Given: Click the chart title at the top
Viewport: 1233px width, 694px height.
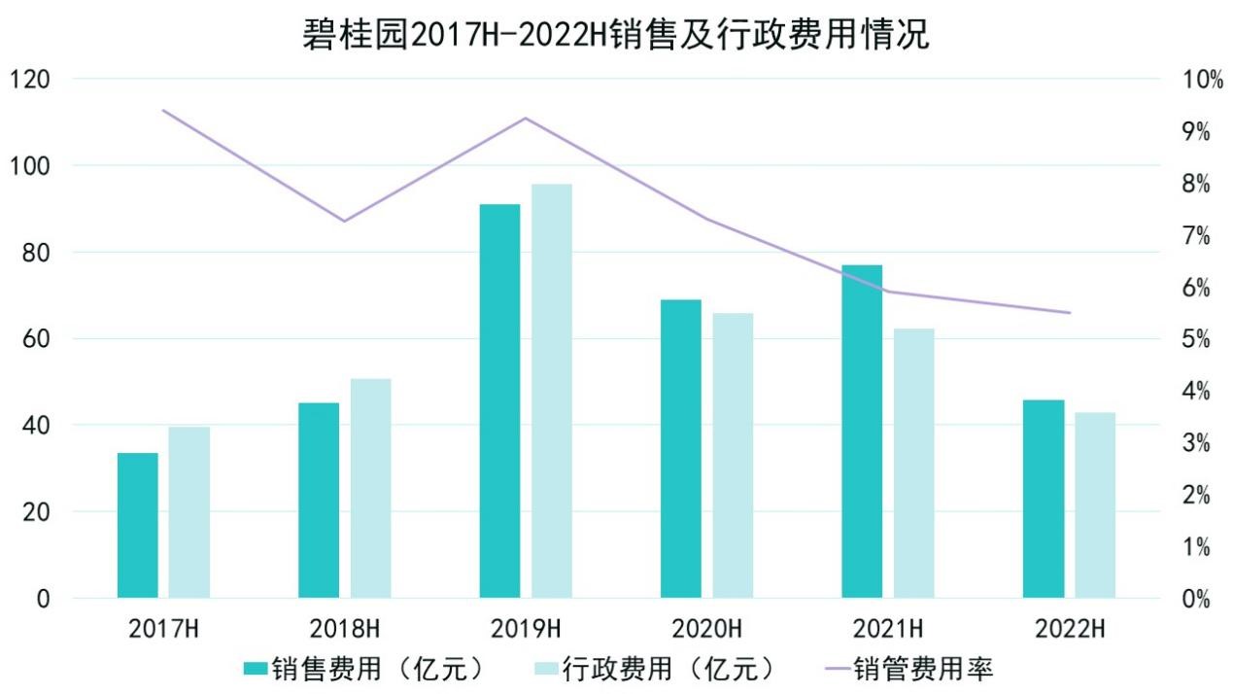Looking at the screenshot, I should pos(616,35).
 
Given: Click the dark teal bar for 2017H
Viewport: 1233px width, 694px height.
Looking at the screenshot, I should pos(138,525).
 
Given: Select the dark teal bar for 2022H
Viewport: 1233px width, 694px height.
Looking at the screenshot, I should pos(1044,499).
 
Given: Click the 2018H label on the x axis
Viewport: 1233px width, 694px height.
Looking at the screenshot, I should pos(345,628).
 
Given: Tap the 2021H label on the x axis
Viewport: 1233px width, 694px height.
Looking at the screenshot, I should pos(888,628).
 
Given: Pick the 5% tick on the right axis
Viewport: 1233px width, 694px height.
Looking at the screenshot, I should pos(1195,339).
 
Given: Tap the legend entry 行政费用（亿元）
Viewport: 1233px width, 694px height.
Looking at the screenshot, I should pos(656,670).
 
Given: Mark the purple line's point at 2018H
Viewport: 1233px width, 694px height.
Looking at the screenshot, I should pos(344,221).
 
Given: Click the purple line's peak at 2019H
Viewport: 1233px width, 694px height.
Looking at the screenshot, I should pos(526,119).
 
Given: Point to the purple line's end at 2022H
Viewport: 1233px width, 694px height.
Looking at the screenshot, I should pos(1069,313).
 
